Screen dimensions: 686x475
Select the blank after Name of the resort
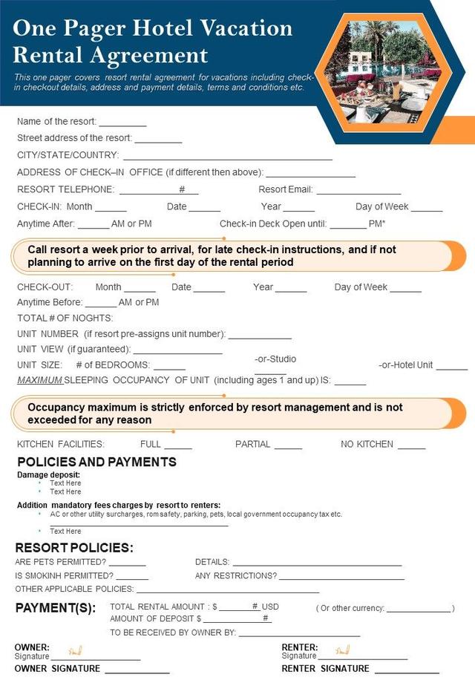point(122,123)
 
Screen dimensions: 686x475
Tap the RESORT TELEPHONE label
point(65,189)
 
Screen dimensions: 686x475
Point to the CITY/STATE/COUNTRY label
point(68,155)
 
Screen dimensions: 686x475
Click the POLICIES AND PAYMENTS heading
point(96,462)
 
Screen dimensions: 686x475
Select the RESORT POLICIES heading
point(74,548)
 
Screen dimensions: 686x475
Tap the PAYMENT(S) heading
point(56,608)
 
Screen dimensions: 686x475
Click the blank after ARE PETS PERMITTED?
point(127,564)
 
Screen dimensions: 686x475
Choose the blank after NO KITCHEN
point(411,447)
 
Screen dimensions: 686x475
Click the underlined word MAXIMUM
point(39,380)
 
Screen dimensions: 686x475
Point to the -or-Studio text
point(275,359)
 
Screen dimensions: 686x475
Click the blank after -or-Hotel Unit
point(451,367)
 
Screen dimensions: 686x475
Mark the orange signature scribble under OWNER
point(75,650)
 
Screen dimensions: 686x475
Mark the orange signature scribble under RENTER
point(342,650)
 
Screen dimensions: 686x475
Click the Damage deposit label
point(48,474)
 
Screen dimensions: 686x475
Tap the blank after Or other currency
point(419,610)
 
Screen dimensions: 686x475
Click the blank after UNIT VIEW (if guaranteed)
point(177,352)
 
